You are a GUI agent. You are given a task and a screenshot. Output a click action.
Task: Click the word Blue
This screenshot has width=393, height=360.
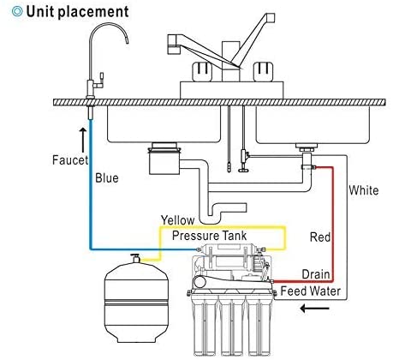coord(107,177)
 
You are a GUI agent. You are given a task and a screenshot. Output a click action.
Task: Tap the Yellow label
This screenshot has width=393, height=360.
coord(177,220)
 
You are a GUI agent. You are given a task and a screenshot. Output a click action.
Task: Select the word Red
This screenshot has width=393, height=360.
coord(320,237)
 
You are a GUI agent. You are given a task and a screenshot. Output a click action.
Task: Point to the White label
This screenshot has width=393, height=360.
coord(364,190)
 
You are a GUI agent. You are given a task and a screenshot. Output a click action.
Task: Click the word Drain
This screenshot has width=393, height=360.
coord(316,274)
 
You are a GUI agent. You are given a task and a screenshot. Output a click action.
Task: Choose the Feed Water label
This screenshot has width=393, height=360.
coord(311,291)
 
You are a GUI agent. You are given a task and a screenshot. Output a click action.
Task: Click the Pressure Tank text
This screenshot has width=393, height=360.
coord(210,236)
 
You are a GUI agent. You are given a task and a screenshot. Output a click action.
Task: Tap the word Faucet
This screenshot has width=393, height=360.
coord(70,159)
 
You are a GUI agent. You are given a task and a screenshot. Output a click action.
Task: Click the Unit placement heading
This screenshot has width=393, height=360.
coord(77,12)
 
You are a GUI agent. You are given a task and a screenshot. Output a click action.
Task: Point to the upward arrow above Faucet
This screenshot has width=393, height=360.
coord(83,140)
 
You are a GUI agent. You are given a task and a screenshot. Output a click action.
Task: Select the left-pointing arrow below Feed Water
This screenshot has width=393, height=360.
coord(314,309)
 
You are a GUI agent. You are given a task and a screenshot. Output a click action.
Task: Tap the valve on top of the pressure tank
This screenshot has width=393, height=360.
coord(135,258)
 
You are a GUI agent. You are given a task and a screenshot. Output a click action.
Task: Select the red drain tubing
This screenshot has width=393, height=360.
coord(332,229)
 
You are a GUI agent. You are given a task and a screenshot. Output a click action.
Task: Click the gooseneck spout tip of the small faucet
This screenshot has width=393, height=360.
coord(127,42)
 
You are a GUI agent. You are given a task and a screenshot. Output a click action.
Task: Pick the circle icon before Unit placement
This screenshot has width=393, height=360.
coord(17,11)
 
